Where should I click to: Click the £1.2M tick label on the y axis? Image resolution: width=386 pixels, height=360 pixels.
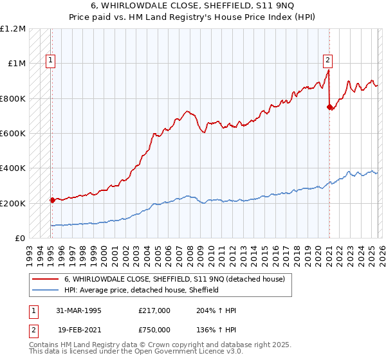[x=13, y=29]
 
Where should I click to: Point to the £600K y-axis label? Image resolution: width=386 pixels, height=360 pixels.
[x=13, y=134]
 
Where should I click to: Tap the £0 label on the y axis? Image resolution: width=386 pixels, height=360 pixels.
[x=20, y=239]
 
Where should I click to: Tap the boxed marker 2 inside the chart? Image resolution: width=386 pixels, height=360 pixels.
[x=327, y=61]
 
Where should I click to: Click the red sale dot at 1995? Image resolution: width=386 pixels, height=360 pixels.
[x=52, y=201]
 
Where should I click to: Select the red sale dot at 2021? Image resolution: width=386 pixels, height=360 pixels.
[x=329, y=107]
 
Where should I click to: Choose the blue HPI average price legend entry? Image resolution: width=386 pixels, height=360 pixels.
[x=142, y=290]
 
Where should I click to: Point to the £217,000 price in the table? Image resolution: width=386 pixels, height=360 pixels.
[x=154, y=310]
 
